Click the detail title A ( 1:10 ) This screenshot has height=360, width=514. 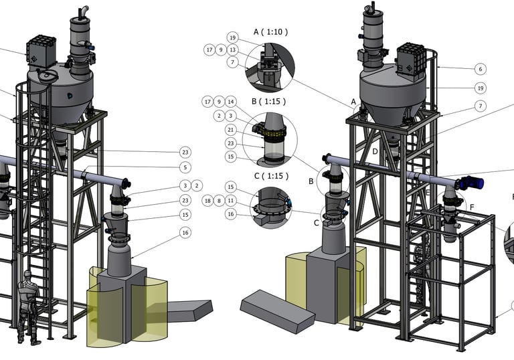(x=271, y=32)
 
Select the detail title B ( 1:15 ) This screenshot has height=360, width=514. (x=269, y=101)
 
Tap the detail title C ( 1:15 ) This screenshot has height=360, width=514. (x=272, y=176)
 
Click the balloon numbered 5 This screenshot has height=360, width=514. (x=185, y=167)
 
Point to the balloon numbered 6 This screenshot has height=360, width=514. (x=481, y=69)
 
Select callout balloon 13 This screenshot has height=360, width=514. (x=232, y=50)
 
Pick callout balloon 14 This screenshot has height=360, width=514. (x=231, y=102)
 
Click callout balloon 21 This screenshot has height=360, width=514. (x=231, y=130)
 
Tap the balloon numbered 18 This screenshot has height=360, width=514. (x=207, y=201)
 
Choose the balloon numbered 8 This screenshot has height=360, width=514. (x=219, y=201)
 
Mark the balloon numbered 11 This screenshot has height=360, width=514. (x=231, y=201)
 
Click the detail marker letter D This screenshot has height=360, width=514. (x=375, y=151)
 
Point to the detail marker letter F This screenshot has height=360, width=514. (x=472, y=207)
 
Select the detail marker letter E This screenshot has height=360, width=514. (x=428, y=193)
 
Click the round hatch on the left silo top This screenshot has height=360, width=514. (x=46, y=76)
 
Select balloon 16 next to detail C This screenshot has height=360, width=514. (x=231, y=214)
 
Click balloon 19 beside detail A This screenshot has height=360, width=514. (x=232, y=37)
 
